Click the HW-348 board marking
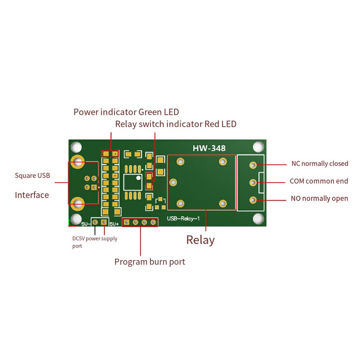tap(209, 148)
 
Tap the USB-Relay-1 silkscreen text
tap(183, 218)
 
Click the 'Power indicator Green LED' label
tap(126, 112)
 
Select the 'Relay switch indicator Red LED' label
tap(176, 124)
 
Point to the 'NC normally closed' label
tap(320, 163)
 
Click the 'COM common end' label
tap(319, 181)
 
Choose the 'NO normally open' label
tap(319, 198)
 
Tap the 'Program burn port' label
tap(150, 262)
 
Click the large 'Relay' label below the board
tap(200, 240)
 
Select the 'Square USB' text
tap(32, 176)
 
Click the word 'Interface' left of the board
tap(32, 195)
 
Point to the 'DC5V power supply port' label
tap(95, 242)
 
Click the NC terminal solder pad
tap(253, 165)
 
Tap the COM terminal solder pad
tap(253, 183)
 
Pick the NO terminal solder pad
tap(253, 200)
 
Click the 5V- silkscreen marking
tap(86, 224)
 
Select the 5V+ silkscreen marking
tap(114, 224)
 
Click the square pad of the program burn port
tap(126, 222)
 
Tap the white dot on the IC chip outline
tap(138, 178)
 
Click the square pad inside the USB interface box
tap(94, 187)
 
